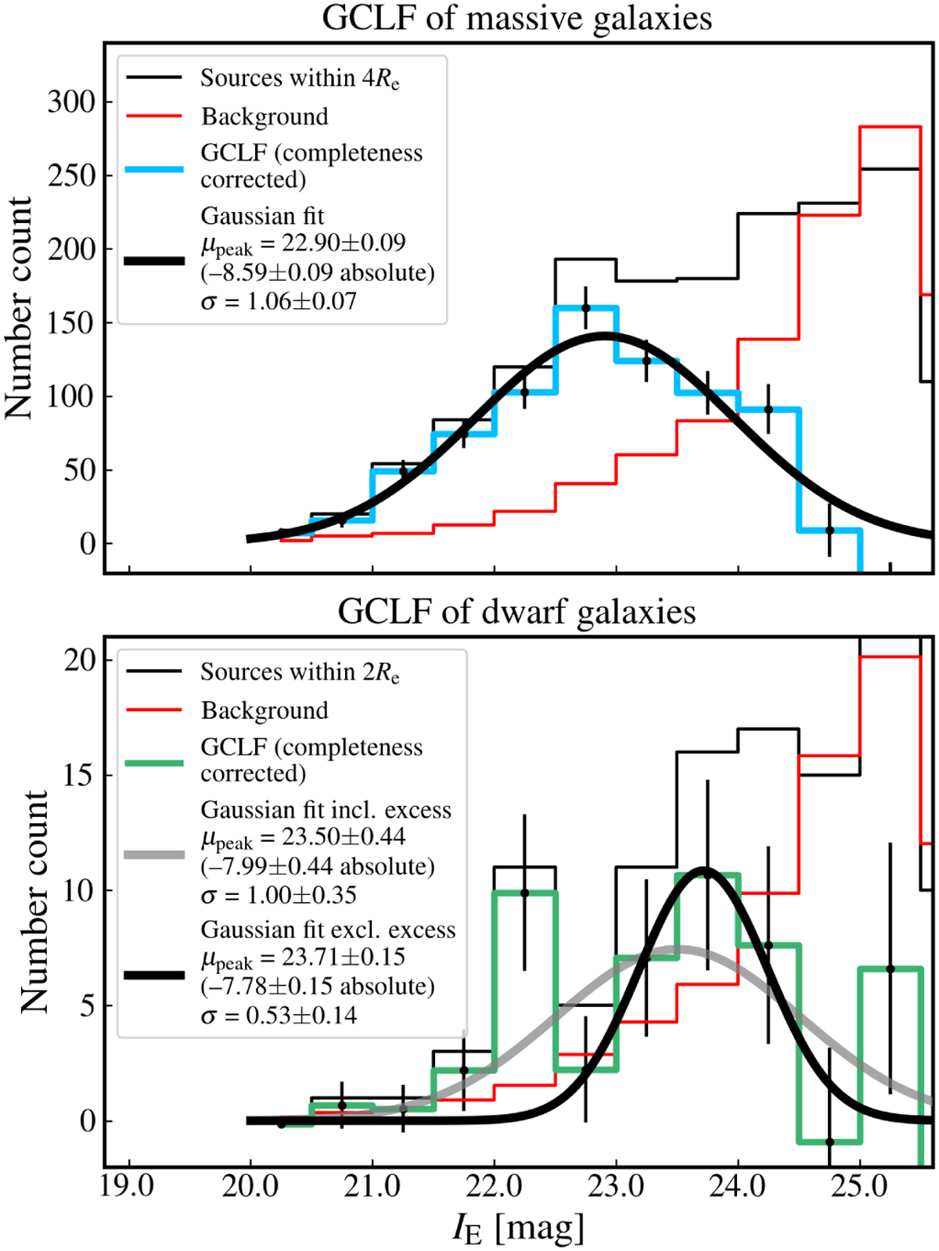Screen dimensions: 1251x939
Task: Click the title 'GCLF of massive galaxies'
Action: tap(516, 18)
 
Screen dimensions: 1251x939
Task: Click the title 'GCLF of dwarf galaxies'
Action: tap(516, 611)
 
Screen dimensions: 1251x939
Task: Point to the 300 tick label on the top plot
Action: tap(71, 102)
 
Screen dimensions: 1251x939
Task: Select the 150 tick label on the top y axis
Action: tap(71, 323)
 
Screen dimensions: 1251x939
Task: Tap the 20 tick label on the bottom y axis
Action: tap(81, 660)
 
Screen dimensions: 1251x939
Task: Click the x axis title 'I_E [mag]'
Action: tap(518, 1228)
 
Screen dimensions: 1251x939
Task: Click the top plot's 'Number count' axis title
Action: tap(19, 307)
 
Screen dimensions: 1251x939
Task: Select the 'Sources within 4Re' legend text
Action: tap(300, 79)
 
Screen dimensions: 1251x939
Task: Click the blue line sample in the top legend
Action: tap(154, 169)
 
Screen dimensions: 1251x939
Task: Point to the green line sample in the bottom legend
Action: tap(154, 763)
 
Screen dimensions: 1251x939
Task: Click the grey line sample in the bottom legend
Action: tap(154, 854)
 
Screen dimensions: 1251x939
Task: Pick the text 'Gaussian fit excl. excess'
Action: tap(328, 929)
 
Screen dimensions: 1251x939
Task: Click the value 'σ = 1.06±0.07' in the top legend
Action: tap(278, 301)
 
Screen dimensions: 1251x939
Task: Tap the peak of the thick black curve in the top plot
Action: tap(604, 335)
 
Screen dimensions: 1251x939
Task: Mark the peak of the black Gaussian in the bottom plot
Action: tap(705, 869)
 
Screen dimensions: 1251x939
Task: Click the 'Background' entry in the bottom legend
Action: tap(264, 710)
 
